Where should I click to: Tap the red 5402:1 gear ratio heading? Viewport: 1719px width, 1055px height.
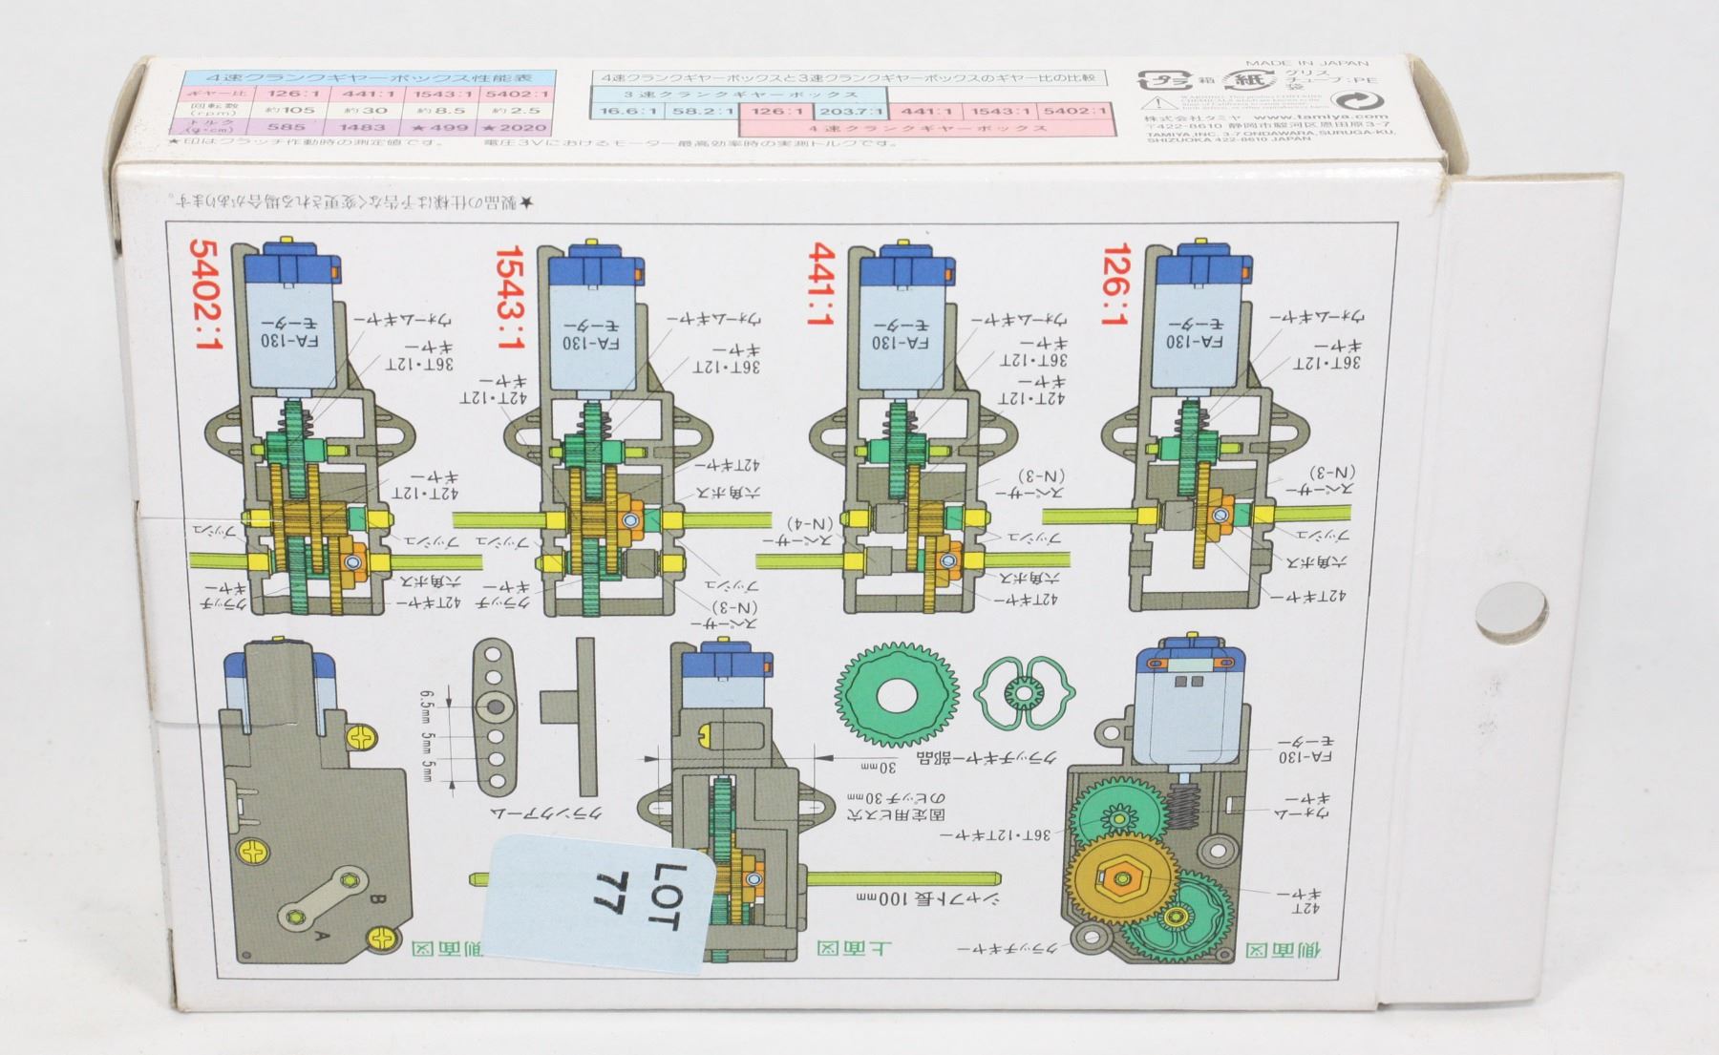coord(205,293)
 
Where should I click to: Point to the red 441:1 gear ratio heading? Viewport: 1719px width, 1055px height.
coord(822,284)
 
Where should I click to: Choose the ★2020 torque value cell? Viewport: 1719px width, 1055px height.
coord(518,127)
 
